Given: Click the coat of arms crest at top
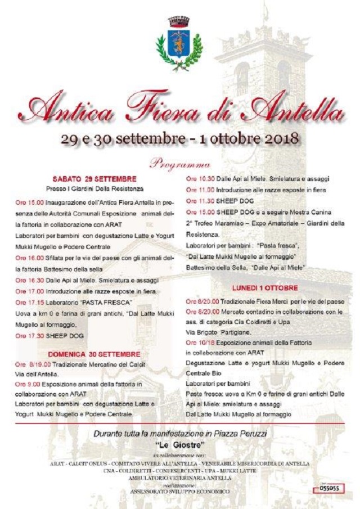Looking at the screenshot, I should tap(179, 42).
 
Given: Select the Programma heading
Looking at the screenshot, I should tap(180, 165).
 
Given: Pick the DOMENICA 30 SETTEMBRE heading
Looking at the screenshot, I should tap(94, 354).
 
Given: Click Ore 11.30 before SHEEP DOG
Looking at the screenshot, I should tap(200, 201).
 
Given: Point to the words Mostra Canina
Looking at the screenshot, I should tap(311, 211).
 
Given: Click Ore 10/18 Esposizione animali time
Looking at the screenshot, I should tap(200, 341).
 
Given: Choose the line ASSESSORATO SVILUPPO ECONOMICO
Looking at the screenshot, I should tap(180, 490).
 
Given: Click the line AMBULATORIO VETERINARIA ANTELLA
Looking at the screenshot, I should tap(180, 478).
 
